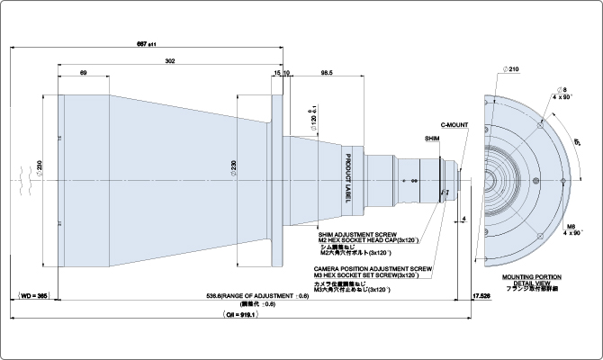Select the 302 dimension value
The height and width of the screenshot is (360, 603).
point(170,60)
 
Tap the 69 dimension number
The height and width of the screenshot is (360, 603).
point(83,72)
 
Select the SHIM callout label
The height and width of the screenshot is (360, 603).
point(432,139)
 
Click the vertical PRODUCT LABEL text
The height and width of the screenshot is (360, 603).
point(347,176)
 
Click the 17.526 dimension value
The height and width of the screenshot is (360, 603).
point(483,295)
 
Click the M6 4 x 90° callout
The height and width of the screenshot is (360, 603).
point(572,229)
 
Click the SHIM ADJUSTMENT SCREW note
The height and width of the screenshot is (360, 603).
point(356,239)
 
